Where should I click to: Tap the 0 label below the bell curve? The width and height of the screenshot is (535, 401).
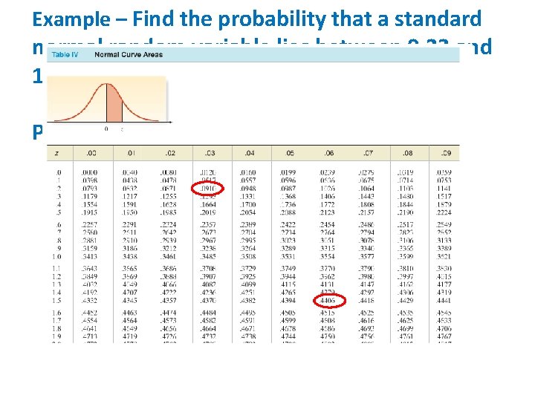pos(106,128)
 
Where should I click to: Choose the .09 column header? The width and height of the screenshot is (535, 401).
pos(444,153)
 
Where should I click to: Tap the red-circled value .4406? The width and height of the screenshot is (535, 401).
pos(327,301)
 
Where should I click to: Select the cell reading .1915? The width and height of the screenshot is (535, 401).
pos(89,212)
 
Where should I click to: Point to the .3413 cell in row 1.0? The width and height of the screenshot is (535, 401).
pos(89,256)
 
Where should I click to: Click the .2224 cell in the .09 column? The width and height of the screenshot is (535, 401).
pos(444,212)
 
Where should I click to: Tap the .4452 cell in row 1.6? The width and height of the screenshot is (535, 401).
pos(89,313)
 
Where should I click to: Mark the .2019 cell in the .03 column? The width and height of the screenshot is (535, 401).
pos(209,212)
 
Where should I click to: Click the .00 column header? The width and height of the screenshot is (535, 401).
pos(90,153)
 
